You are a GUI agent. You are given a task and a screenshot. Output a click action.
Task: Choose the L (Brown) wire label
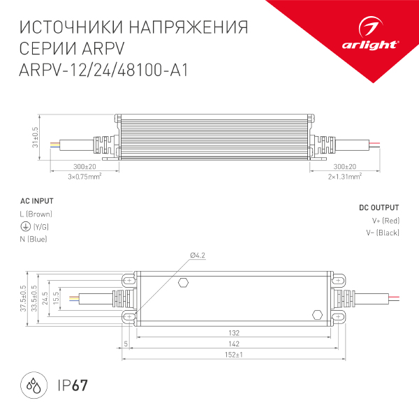click(36, 214)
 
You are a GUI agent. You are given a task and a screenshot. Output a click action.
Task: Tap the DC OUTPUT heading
click(379, 208)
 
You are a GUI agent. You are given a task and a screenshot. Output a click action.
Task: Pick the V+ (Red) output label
click(385, 221)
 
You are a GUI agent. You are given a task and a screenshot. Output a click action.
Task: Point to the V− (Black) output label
click(383, 233)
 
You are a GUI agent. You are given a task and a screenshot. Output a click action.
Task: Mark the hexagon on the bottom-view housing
click(184, 283)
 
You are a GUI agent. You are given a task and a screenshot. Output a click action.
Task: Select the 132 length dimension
click(234, 334)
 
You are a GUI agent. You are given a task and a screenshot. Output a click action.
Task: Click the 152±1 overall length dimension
click(234, 355)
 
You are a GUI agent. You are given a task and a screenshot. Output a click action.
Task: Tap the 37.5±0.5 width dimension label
click(22, 298)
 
